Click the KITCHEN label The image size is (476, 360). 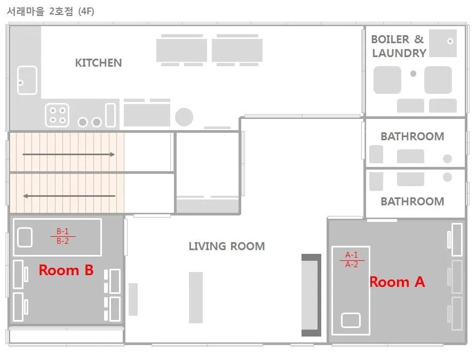[98, 63]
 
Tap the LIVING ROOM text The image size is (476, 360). [227, 246]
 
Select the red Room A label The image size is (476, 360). [397, 282]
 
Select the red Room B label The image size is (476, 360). [66, 270]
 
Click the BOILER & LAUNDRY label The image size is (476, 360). [399, 46]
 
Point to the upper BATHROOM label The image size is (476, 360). [412, 136]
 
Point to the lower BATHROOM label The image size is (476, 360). [412, 201]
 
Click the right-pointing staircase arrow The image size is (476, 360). [69, 154]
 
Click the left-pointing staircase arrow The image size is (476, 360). [69, 196]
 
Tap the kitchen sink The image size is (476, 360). [27, 81]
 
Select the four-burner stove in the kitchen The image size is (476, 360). [57, 115]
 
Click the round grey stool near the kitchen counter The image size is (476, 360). [184, 117]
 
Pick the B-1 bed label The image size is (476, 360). [62, 231]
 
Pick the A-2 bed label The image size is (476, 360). [352, 265]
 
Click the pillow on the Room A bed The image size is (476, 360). [351, 321]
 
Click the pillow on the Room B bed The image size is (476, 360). [25, 237]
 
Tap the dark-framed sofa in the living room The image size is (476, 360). [311, 295]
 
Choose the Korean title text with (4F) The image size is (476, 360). [50, 12]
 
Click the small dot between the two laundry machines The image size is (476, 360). [413, 74]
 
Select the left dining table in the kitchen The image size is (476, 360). [181, 50]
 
